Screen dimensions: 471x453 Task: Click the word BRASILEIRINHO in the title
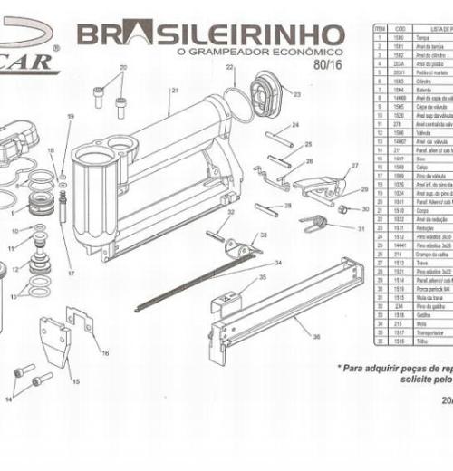coord(210,36)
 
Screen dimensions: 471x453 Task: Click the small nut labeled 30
coord(342,207)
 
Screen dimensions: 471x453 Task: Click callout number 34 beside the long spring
coord(278,263)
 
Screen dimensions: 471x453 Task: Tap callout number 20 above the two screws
coord(124,68)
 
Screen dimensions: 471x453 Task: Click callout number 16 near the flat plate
coord(105,352)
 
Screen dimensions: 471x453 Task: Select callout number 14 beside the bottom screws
coord(10,399)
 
